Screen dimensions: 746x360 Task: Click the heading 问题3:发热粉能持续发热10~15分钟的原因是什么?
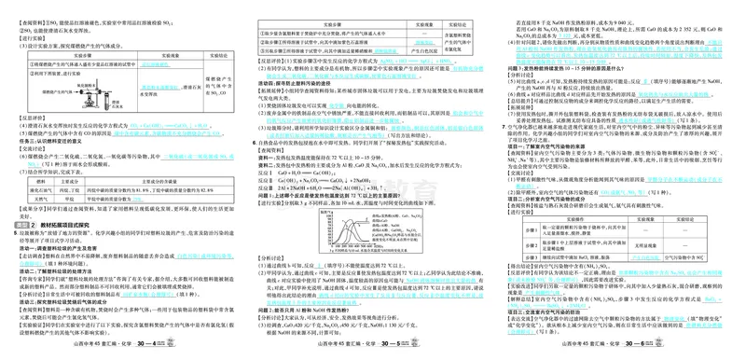point(568,67)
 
